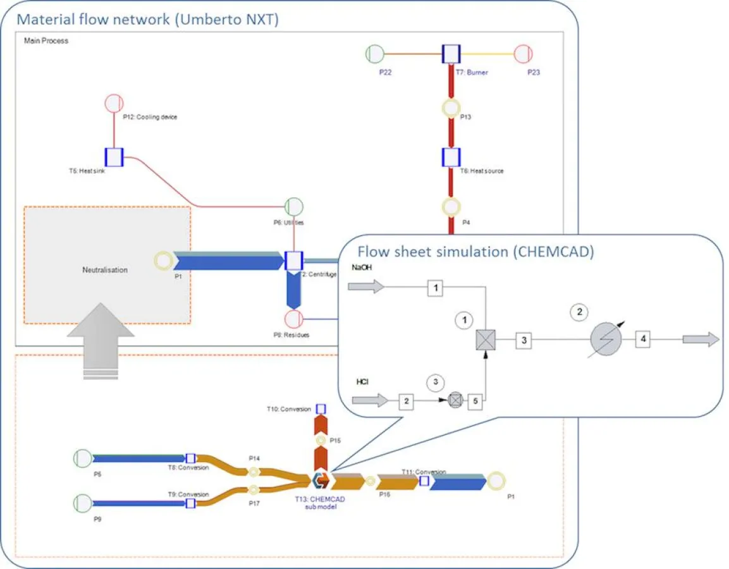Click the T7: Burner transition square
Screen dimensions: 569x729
451,54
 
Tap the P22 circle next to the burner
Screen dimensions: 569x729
375,54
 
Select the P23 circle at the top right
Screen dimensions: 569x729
525,54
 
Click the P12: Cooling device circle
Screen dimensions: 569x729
113,103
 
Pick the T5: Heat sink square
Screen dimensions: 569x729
114,157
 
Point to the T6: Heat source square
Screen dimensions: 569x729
451,157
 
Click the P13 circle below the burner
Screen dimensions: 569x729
451,108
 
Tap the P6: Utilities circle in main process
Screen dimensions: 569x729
294,207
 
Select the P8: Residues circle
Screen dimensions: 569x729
294,319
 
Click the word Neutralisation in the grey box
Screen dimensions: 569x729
105,270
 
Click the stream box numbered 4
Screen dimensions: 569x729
643,340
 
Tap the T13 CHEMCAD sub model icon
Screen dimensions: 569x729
321,480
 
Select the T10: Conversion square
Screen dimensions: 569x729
321,409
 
